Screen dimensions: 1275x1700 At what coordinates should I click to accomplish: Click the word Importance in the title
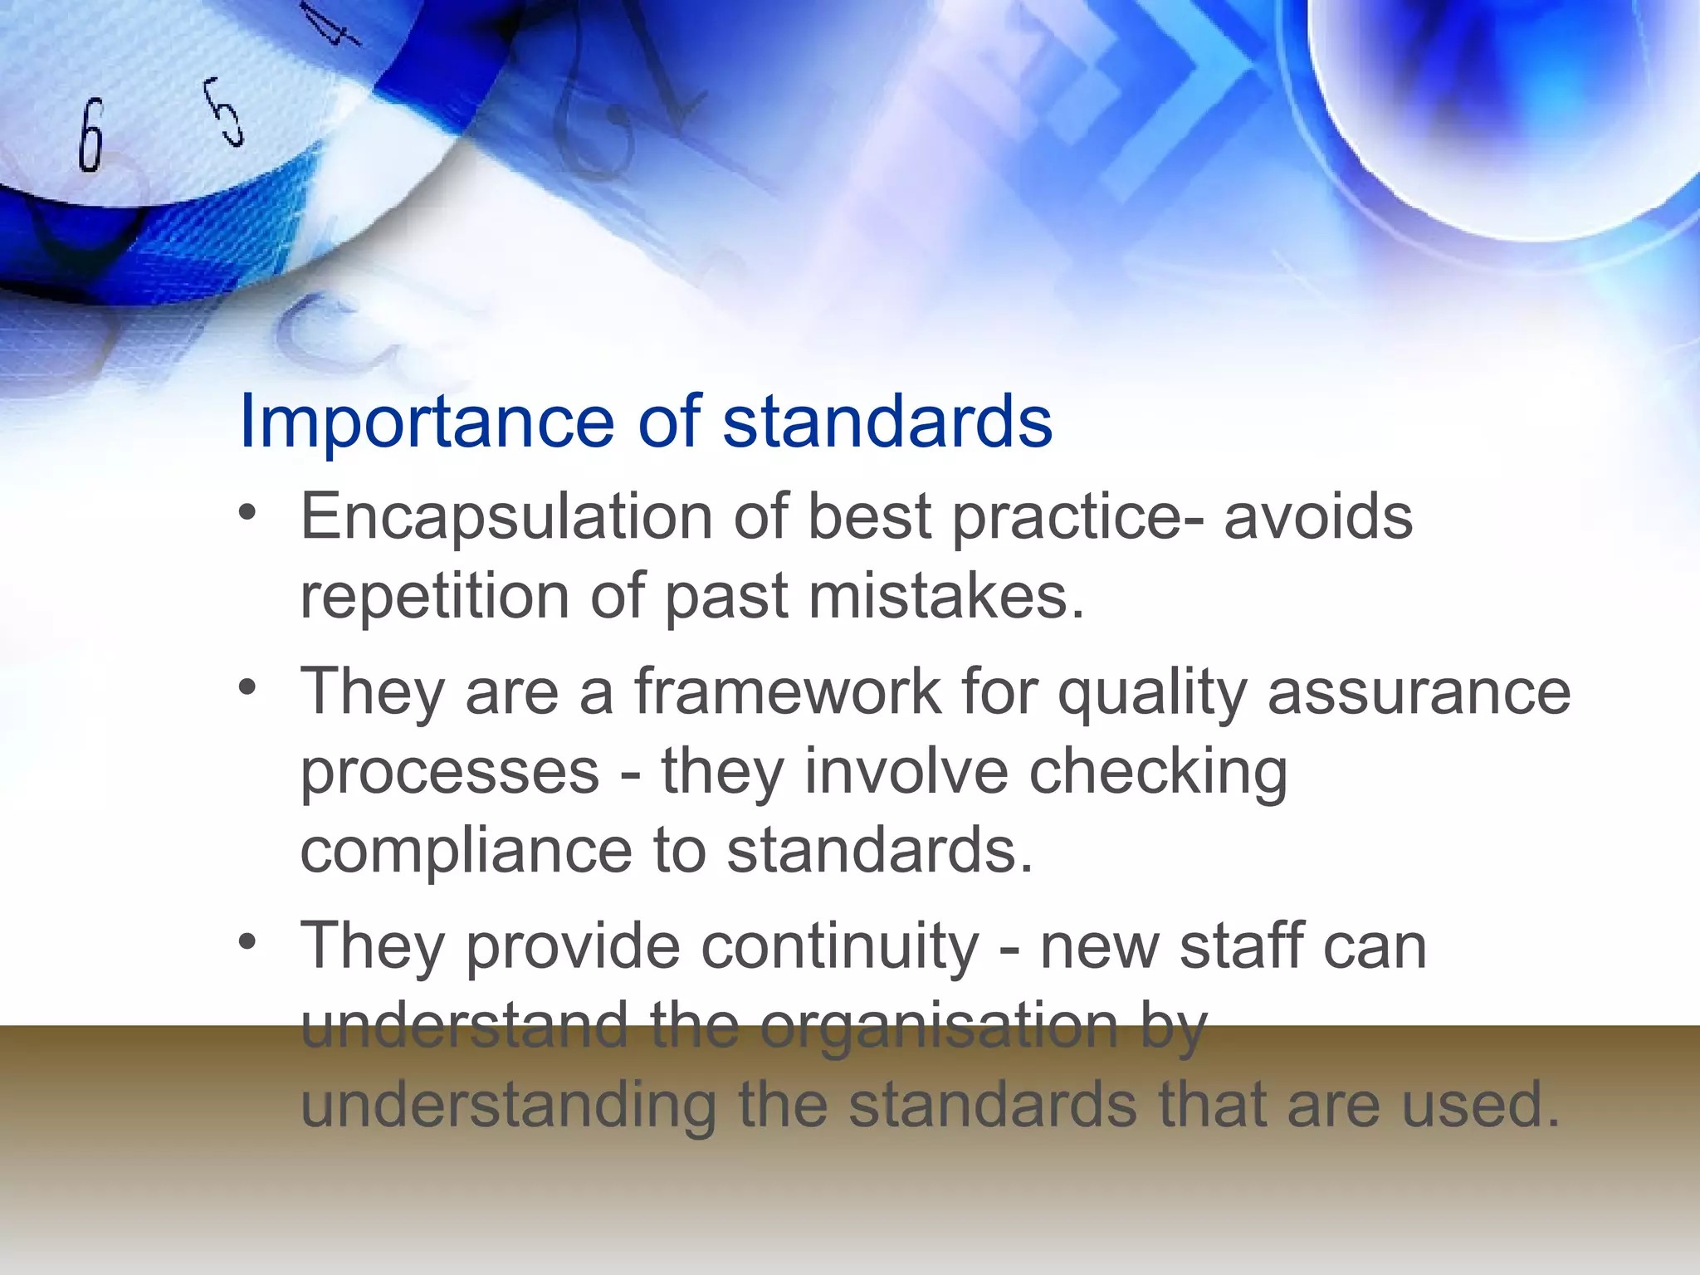pos(426,422)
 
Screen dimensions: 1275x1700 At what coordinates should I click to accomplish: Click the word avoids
pos(1317,516)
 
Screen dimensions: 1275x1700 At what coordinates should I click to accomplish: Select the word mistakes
pos(946,596)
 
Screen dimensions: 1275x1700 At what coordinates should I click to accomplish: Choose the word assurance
pos(1419,692)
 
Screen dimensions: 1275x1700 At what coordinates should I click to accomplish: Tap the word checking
pos(1158,772)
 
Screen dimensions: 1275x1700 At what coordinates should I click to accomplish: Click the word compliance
pos(466,852)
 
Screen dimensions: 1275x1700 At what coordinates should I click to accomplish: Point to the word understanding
pos(508,1106)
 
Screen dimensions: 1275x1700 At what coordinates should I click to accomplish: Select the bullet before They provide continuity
pos(247,943)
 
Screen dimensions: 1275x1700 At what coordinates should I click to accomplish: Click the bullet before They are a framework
pos(247,688)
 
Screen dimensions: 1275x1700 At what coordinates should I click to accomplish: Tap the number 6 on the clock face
pos(91,135)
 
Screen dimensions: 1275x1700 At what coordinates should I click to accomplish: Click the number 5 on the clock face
pos(225,111)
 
